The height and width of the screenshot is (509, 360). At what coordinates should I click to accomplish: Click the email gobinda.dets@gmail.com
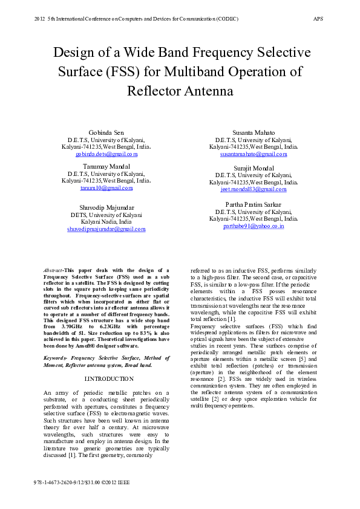(x=106, y=155)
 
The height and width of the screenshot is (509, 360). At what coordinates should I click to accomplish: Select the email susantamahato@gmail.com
(x=254, y=155)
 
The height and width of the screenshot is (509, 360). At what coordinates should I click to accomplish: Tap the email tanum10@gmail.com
(x=106, y=189)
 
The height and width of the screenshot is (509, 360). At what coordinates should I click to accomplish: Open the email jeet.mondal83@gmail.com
(x=254, y=189)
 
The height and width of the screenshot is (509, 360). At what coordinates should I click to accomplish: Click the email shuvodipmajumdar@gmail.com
(x=106, y=229)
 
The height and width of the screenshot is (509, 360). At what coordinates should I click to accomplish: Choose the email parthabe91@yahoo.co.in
(x=254, y=226)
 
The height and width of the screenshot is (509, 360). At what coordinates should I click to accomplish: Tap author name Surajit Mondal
(x=254, y=168)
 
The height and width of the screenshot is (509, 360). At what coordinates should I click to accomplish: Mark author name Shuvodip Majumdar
(x=106, y=207)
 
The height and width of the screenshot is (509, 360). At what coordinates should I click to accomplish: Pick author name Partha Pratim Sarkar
(x=254, y=204)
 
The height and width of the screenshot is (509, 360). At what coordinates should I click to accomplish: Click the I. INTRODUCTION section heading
(x=109, y=378)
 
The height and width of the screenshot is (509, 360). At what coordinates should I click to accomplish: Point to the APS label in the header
(x=318, y=19)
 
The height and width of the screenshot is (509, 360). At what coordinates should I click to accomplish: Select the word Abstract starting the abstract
(x=54, y=270)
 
